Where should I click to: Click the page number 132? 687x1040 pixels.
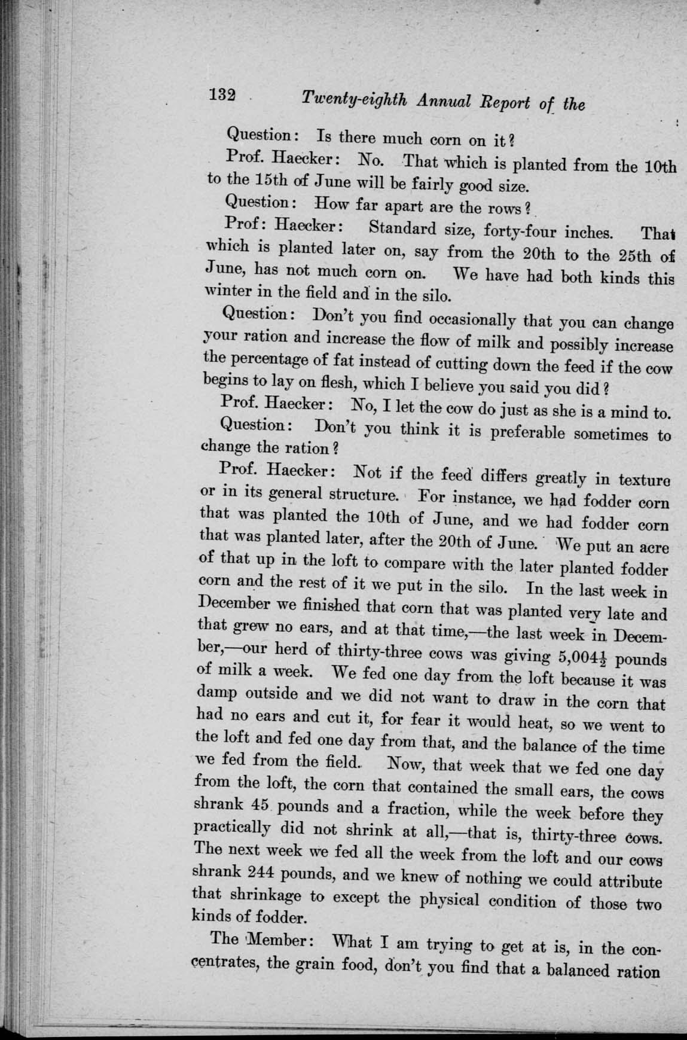tap(221, 95)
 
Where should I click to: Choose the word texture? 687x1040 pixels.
tap(643, 480)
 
